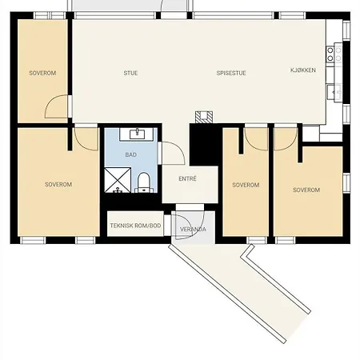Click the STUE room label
(x=130, y=73)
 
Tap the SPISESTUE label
(x=231, y=73)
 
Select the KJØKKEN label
(x=303, y=70)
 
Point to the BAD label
(x=131, y=154)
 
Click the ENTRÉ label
(x=187, y=178)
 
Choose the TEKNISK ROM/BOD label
(x=135, y=226)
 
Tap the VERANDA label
(x=193, y=230)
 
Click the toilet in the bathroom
(x=144, y=182)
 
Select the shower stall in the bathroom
(x=118, y=180)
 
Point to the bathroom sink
(x=137, y=134)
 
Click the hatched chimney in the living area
(x=204, y=117)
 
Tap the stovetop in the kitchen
(x=330, y=54)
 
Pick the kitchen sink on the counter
(x=334, y=92)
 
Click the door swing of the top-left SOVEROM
(x=56, y=106)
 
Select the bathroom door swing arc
(x=174, y=153)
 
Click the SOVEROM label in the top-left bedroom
(x=42, y=73)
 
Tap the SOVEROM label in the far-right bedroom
(x=306, y=190)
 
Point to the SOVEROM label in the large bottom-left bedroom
(x=58, y=184)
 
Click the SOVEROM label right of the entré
(x=246, y=185)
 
